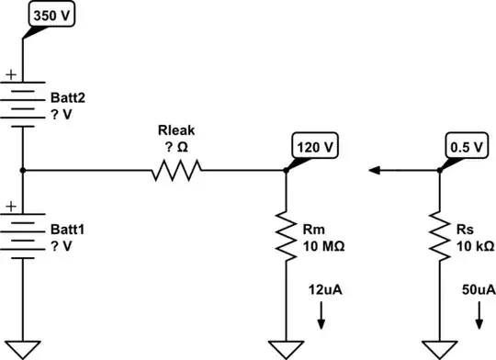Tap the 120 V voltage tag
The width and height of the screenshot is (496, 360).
click(x=315, y=145)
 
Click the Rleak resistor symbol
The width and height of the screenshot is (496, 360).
click(x=175, y=170)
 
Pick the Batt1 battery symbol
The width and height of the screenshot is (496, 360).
click(x=22, y=234)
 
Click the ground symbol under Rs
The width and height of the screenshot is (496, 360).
click(x=439, y=347)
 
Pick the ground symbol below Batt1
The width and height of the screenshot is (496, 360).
click(x=22, y=347)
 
